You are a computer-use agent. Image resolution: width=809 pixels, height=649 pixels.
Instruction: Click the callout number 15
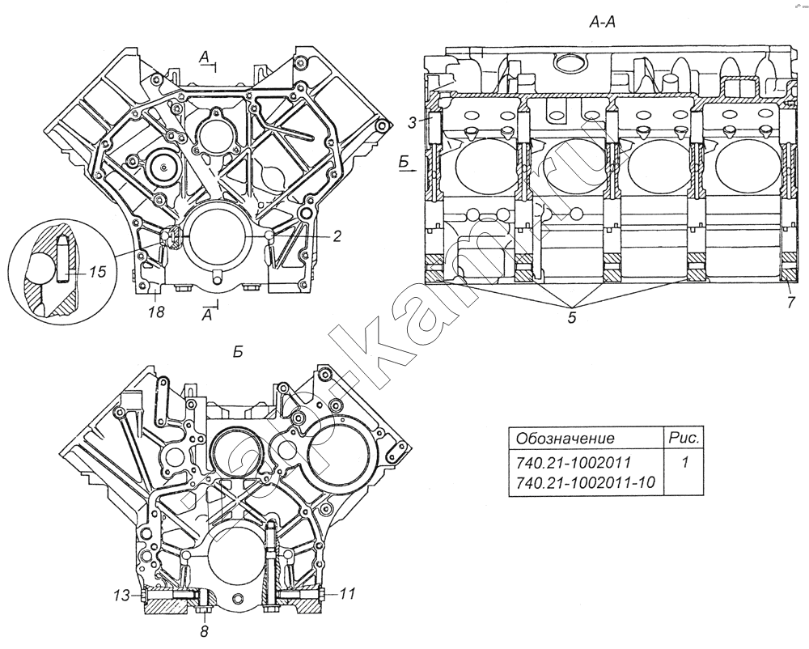point(96,273)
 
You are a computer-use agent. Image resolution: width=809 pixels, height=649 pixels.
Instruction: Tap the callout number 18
point(155,312)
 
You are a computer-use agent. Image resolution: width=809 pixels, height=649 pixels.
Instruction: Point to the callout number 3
point(413,121)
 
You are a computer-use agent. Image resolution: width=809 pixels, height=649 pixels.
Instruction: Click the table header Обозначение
point(565,439)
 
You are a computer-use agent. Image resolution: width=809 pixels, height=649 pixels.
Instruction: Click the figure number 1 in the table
point(684,464)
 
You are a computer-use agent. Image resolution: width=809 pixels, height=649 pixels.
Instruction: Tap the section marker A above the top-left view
point(205,56)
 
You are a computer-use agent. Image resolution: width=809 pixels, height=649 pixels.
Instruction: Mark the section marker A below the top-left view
point(208,316)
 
